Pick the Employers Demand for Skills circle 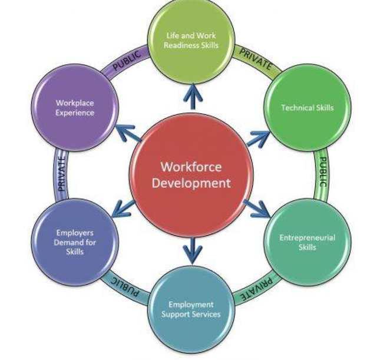pos(75,242)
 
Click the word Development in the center pos(191,183)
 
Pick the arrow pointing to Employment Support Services pos(191,250)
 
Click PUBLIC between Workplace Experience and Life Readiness pos(127,61)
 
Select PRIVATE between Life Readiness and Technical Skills pos(254,59)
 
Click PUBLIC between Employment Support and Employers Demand pos(124,287)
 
